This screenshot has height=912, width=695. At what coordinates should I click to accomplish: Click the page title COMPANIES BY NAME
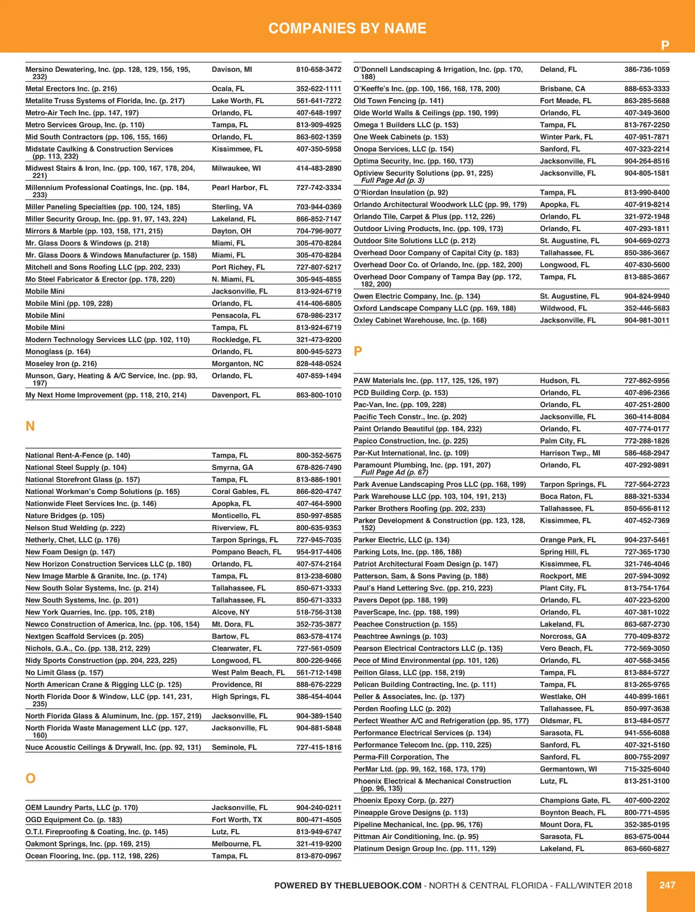click(x=348, y=28)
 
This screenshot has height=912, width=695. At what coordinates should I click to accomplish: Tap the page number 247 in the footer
click(x=667, y=885)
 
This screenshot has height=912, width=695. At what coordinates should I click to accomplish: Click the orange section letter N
click(x=30, y=426)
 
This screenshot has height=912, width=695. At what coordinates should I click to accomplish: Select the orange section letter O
click(x=31, y=778)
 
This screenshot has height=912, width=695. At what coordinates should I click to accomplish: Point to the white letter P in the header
click(x=665, y=45)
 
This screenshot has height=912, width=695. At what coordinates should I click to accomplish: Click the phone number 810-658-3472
click(x=319, y=69)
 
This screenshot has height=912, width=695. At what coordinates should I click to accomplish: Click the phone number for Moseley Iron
click(x=319, y=364)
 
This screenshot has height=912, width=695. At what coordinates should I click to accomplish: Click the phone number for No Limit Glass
click(x=319, y=672)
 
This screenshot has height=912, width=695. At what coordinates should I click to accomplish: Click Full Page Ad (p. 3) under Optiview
click(x=393, y=180)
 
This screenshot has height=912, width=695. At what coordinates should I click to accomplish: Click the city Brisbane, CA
click(x=562, y=89)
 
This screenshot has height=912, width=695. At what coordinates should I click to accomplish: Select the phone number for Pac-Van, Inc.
click(x=646, y=405)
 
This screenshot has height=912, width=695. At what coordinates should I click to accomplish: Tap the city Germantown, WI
click(x=568, y=769)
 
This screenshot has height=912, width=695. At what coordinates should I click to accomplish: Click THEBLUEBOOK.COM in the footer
click(x=378, y=885)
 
